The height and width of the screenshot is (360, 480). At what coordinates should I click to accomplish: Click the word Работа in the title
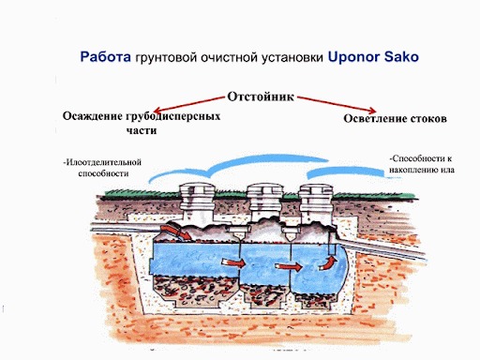point(104,57)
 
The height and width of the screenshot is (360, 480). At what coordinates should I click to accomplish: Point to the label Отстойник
point(263,97)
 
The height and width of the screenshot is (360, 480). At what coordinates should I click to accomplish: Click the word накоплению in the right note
point(414,170)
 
